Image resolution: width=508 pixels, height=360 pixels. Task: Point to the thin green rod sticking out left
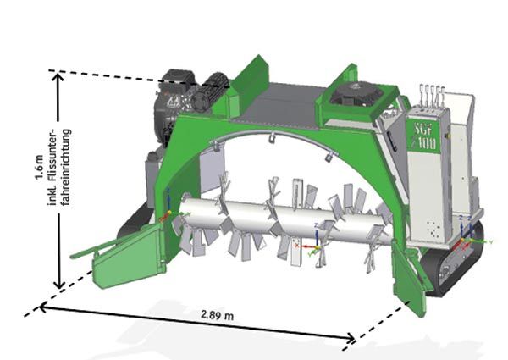click(93, 248)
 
